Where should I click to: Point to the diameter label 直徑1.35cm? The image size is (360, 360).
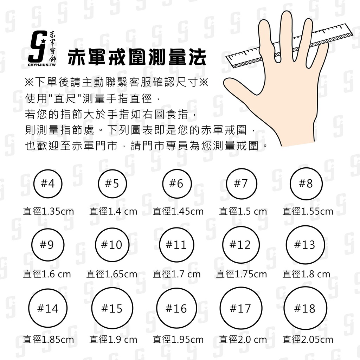coord(49,211)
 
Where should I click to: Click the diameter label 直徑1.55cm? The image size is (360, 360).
coord(308,211)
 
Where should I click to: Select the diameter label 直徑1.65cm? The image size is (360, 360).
coord(112,274)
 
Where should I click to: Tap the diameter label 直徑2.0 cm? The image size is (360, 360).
coord(243,339)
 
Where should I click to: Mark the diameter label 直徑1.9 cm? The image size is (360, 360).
coord(113,339)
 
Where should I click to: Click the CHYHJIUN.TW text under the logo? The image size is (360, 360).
coord(42,65)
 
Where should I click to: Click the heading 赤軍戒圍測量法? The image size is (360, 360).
coord(137,57)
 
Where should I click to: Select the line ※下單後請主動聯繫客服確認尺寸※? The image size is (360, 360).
coord(116,82)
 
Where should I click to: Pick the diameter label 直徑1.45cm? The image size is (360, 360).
coord(178,211)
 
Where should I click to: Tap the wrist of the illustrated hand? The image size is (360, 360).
coord(298,135)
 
